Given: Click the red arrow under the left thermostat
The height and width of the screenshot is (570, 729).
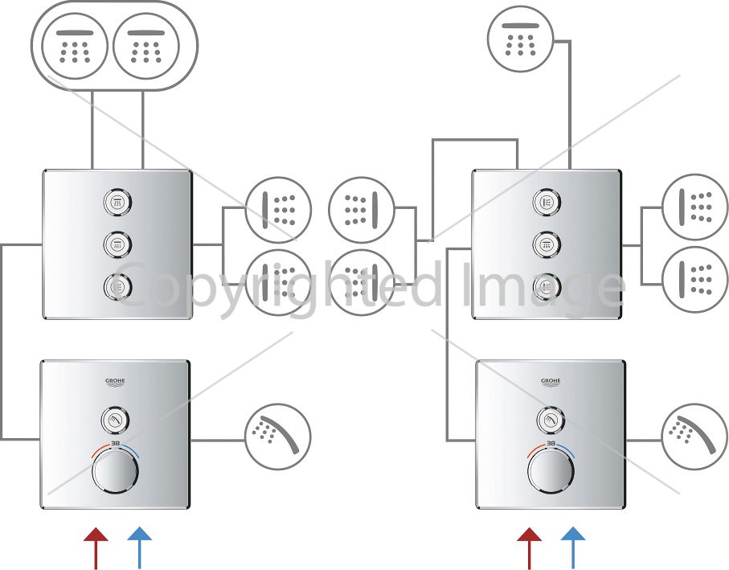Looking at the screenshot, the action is tap(96, 548).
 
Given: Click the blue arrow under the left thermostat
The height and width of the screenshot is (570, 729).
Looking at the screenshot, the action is tap(140, 548).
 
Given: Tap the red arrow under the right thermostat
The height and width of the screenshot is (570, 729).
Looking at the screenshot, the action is tap(529, 548).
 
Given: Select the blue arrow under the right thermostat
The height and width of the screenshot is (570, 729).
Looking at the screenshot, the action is tap(573, 548).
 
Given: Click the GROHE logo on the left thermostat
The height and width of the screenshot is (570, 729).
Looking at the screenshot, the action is tap(115, 383).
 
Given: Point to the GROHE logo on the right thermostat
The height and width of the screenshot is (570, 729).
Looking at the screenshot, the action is tap(551, 383).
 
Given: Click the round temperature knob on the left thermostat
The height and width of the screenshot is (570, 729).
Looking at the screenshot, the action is tap(115, 470).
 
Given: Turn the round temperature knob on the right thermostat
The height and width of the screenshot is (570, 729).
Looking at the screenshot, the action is tap(551, 470).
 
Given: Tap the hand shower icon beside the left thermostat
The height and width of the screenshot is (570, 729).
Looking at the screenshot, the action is tap(278, 436).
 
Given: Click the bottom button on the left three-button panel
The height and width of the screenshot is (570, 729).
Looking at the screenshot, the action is tap(117, 286).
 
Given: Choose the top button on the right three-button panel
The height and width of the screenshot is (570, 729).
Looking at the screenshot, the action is tap(547, 203).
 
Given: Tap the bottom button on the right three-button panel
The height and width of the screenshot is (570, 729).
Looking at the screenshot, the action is tap(547, 286).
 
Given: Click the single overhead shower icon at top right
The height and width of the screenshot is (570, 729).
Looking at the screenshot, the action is tap(521, 39).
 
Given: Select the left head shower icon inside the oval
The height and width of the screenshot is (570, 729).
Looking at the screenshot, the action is tap(75, 47).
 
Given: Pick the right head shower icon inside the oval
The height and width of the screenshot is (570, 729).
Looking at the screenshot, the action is tap(146, 47).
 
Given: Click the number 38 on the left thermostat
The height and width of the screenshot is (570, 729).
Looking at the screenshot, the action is tap(115, 444).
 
